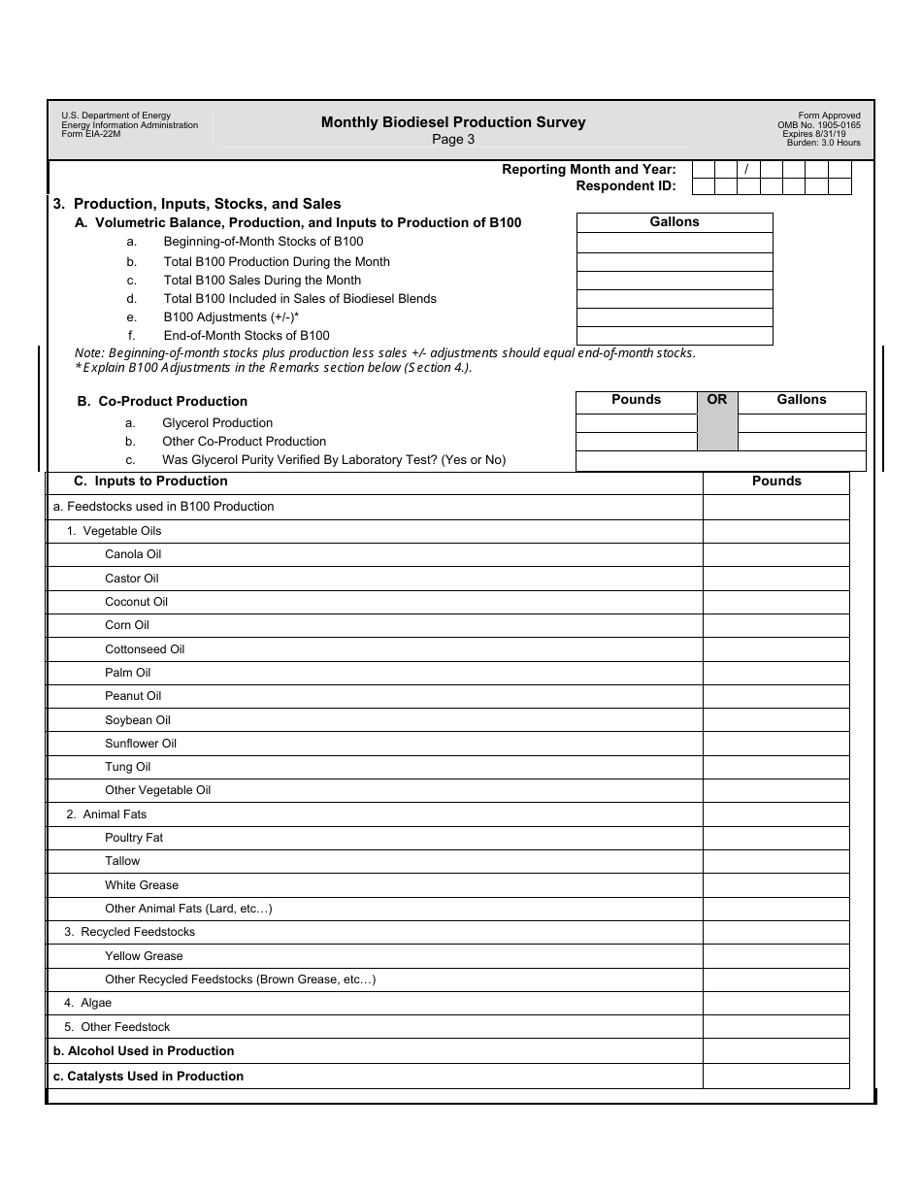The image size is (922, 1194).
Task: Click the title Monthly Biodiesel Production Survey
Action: pyautogui.click(x=453, y=122)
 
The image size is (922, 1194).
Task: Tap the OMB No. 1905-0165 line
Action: pyautogui.click(x=818, y=125)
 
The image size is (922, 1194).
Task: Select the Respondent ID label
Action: pyautogui.click(x=625, y=185)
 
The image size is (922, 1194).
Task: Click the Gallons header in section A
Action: pyautogui.click(x=675, y=222)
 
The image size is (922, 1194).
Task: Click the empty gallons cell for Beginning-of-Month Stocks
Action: pyautogui.click(x=675, y=243)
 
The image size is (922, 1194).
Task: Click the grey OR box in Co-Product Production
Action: pyautogui.click(x=717, y=421)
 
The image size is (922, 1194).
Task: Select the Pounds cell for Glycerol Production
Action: pyautogui.click(x=636, y=423)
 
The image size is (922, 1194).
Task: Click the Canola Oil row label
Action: pyautogui.click(x=133, y=554)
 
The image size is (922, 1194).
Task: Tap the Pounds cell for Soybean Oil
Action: pyautogui.click(x=775, y=720)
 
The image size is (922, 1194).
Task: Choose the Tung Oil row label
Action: pyautogui.click(x=127, y=767)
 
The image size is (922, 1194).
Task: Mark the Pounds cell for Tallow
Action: pyautogui.click(x=775, y=861)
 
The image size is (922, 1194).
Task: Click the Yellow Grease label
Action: pyautogui.click(x=144, y=956)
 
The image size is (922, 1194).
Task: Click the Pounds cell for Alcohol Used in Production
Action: pyautogui.click(x=775, y=1051)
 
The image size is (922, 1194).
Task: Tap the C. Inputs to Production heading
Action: pyautogui.click(x=150, y=481)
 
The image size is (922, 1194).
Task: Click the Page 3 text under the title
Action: pyautogui.click(x=453, y=139)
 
